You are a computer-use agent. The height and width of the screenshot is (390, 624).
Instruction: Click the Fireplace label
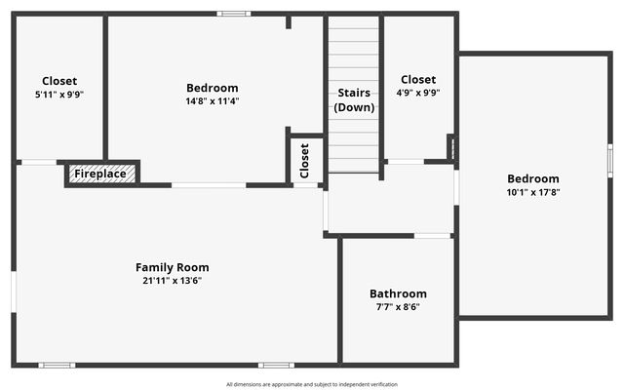click(100, 174)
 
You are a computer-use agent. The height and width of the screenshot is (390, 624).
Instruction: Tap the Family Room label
click(172, 267)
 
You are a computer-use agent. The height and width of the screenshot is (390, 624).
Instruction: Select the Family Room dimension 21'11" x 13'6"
click(172, 280)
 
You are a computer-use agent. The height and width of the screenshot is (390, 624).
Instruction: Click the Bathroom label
click(398, 293)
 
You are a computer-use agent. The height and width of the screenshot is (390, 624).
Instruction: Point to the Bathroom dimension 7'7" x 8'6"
click(398, 306)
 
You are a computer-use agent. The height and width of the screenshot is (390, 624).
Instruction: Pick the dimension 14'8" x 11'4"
click(212, 100)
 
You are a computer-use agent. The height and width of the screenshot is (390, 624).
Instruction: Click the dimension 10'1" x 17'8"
click(533, 192)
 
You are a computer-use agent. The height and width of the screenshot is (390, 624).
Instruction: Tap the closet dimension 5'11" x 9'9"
click(59, 94)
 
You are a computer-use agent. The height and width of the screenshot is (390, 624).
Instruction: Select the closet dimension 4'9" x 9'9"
click(418, 93)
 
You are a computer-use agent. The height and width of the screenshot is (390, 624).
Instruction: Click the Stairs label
click(354, 93)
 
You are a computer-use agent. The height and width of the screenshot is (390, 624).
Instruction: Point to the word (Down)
click(354, 107)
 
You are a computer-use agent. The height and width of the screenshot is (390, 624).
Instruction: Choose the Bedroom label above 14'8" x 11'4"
click(212, 88)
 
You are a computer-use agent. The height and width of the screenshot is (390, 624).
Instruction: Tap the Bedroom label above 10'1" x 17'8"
click(533, 178)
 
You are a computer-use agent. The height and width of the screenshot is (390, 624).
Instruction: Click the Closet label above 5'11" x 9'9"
click(59, 81)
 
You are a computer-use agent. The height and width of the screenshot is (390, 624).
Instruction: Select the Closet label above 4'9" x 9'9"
click(418, 79)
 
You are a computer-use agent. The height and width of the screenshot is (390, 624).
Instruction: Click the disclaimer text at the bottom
click(312, 384)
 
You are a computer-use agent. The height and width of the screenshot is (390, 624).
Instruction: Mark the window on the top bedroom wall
click(233, 14)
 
